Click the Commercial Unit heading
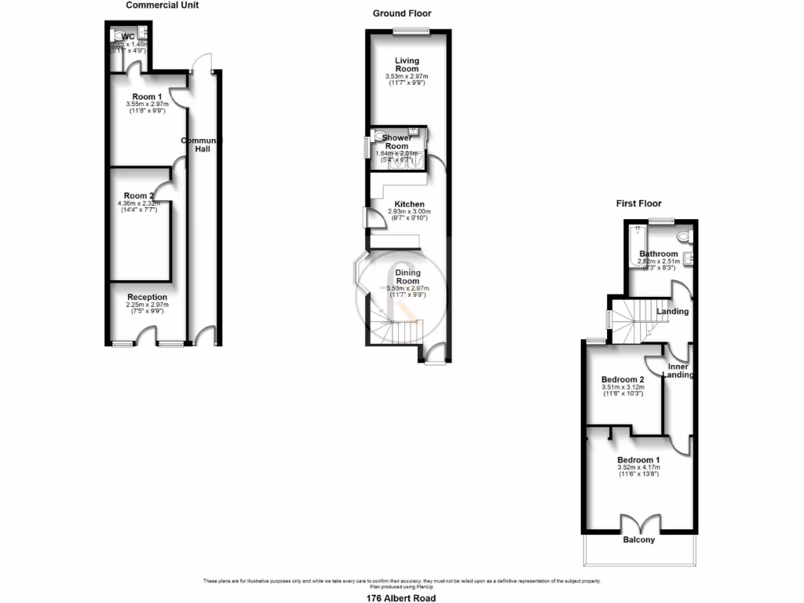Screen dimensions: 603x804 click(163, 5)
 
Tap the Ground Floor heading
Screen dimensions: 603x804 click(402, 13)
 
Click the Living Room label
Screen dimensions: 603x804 click(407, 64)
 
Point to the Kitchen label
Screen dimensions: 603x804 click(409, 204)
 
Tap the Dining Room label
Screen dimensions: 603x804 click(407, 276)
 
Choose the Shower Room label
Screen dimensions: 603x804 click(397, 141)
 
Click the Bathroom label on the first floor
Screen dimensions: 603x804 click(658, 254)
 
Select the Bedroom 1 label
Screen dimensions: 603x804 click(638, 460)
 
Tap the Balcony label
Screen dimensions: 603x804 click(639, 540)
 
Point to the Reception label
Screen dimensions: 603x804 click(148, 297)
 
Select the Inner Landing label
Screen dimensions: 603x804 click(678, 371)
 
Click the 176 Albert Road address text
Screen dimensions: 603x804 click(402, 598)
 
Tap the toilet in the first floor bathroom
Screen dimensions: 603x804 click(682, 236)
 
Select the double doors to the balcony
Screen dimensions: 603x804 click(638, 524)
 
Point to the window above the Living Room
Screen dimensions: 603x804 click(411, 31)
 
